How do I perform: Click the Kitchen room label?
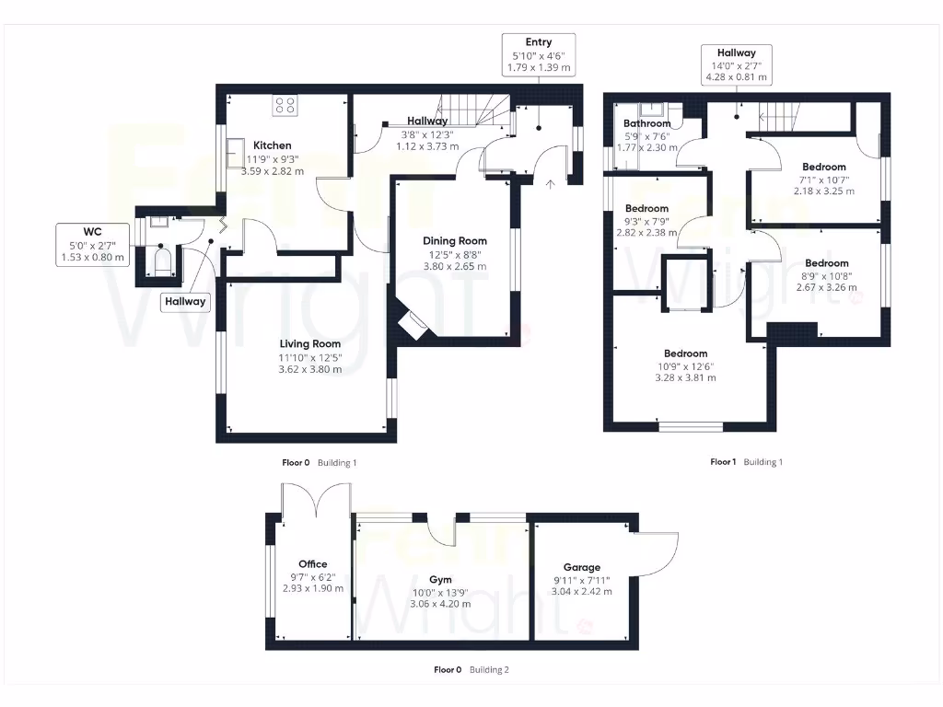pos(272,145)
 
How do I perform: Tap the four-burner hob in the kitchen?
pos(285,106)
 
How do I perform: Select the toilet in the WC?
pos(162,260)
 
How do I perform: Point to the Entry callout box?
pos(539,55)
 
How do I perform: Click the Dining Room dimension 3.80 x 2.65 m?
pos(454,266)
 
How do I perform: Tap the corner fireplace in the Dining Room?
pos(411,324)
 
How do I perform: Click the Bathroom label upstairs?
pos(646,123)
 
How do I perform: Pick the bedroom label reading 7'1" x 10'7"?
pos(823,180)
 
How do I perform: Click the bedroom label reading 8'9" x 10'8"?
pos(826,275)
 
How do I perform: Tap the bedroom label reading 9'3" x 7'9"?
pos(646,221)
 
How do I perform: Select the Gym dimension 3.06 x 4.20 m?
pos(440,604)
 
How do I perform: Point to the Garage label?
pos(582,568)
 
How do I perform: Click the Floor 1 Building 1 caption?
pos(746,462)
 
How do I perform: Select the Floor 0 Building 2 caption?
pos(471,670)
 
